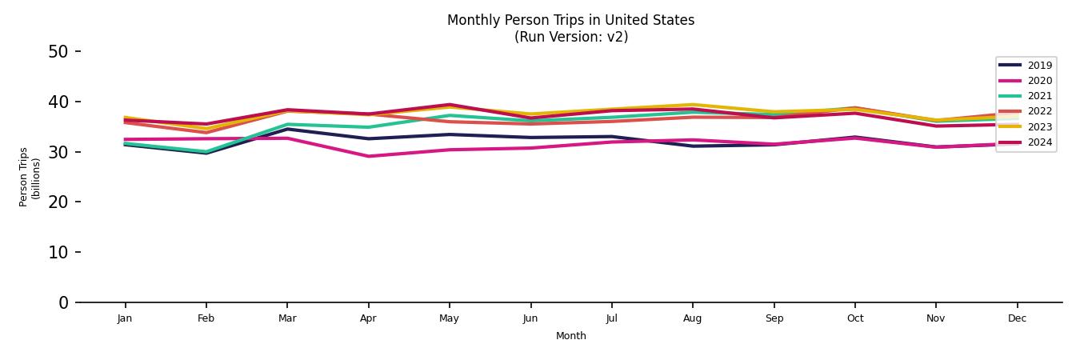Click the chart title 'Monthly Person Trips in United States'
570,20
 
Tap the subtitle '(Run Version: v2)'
570,37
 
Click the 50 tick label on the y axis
58,52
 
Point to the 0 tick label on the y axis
63,302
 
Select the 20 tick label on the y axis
58,202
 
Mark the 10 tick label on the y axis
58,252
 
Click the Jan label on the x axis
125,318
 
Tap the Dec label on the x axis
1017,318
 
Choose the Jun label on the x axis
530,318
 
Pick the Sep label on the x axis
774,318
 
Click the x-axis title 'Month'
570,336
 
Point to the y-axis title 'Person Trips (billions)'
30,177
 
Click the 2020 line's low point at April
368,156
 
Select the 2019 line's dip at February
206,153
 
